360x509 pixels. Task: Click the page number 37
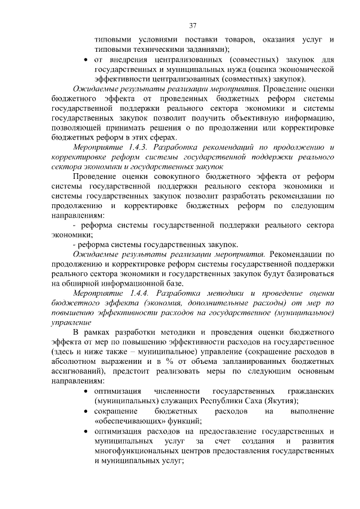coord(192,25)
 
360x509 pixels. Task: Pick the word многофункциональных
coord(129,451)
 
